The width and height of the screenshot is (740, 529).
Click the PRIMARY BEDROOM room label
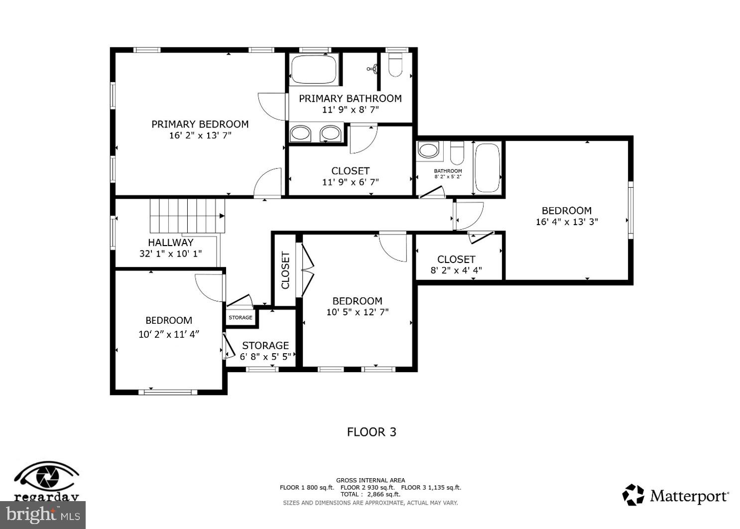(200, 124)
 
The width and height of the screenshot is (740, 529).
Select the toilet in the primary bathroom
(395, 65)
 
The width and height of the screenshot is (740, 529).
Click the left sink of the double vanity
(300, 133)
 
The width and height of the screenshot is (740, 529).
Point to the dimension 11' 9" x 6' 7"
(350, 182)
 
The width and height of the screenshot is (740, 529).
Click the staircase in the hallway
(187, 216)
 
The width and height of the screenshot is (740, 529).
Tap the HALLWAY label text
(170, 243)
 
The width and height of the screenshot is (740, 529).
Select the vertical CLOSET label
(285, 270)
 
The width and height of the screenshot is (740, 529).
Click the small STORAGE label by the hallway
(241, 317)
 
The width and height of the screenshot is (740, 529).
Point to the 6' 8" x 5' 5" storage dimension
(265, 357)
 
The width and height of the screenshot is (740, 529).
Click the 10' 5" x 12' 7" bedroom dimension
(357, 312)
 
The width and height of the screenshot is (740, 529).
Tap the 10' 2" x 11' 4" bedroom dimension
(169, 334)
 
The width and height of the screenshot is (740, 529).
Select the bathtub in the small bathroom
(487, 168)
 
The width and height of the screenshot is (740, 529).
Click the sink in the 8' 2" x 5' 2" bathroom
(428, 150)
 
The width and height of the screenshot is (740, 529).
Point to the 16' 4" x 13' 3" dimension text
(567, 222)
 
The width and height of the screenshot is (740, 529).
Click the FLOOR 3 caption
(371, 432)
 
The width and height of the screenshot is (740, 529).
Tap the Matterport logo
(676, 495)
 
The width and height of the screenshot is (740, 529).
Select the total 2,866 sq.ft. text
(370, 495)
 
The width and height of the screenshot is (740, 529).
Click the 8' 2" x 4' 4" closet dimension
(456, 271)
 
